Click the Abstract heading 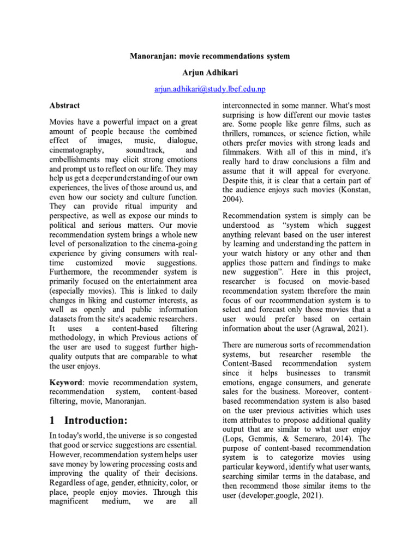pyautogui.click(x=64, y=105)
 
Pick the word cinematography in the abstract pyautogui.click(x=74, y=149)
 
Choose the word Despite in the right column pyautogui.click(x=237, y=180)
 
